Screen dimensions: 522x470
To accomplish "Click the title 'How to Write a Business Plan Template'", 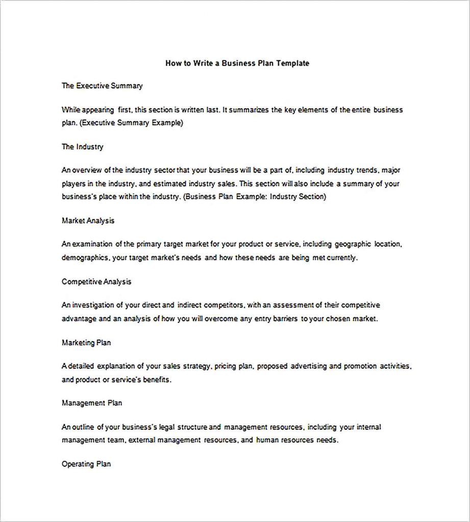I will (x=237, y=64).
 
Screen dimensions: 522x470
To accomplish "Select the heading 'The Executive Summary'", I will (x=102, y=86).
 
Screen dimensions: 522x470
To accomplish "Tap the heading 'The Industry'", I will (x=82, y=147).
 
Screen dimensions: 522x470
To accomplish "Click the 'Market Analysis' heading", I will (x=88, y=221).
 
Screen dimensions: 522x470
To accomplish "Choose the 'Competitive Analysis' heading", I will (x=96, y=281).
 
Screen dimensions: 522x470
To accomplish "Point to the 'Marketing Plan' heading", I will (x=86, y=343).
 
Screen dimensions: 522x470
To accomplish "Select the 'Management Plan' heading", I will (x=92, y=403).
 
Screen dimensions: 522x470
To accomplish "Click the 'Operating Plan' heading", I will (x=86, y=464).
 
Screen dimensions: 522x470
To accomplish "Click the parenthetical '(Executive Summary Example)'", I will (x=132, y=123).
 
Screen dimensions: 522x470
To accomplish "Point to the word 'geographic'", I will (x=351, y=244).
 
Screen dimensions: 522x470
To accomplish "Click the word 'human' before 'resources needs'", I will (x=267, y=440).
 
